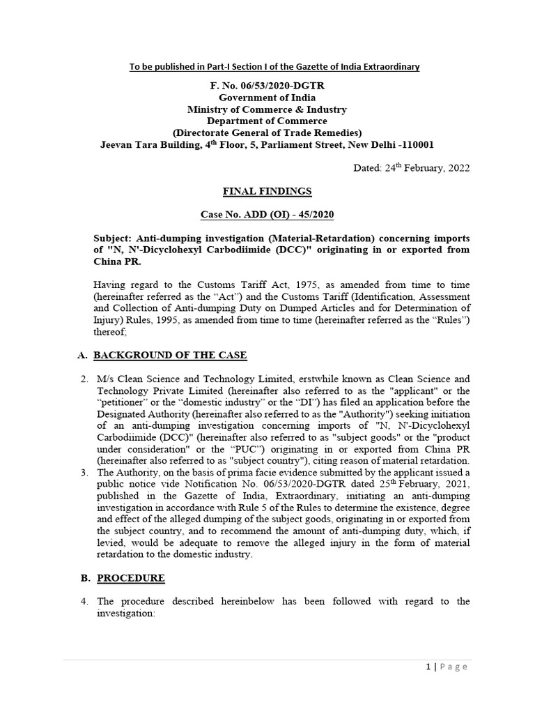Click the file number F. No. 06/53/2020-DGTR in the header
267,85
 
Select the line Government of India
267,98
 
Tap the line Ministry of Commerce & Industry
267,109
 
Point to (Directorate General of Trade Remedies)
267,133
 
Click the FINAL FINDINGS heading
267,190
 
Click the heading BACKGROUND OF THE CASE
170,355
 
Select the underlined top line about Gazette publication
267,66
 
